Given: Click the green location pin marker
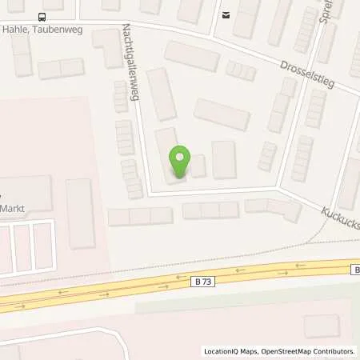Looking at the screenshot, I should (179, 162).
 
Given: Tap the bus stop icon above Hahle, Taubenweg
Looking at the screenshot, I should (42, 16).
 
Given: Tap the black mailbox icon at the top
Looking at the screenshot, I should (226, 14).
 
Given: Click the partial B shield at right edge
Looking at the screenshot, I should (355, 270).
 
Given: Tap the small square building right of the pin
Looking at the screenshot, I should (198, 166).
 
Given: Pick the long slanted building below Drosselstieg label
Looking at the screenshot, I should (222, 114).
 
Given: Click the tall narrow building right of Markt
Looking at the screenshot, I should (80, 213).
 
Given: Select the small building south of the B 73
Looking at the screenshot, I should (322, 326).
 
